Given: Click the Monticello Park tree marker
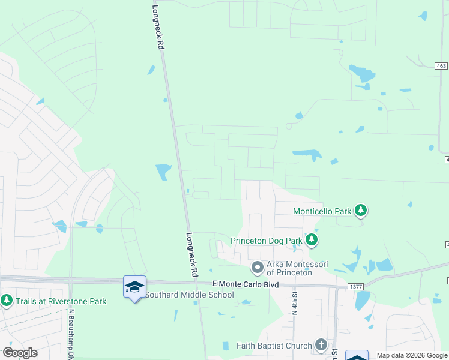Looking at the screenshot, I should point(361,210).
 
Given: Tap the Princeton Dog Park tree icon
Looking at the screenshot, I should point(311,240).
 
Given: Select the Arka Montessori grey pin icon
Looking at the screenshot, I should point(258,266).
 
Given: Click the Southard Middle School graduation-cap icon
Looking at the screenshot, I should point(134,286).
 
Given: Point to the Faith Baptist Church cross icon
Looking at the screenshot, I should point(321,345).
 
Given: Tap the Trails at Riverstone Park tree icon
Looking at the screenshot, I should point(7,299).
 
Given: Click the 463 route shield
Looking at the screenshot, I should point(442,65).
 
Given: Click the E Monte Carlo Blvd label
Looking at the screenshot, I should point(246,284).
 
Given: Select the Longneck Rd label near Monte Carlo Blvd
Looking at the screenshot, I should point(192,254).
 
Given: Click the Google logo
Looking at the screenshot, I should point(20,352).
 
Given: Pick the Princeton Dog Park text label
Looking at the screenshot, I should point(267,241).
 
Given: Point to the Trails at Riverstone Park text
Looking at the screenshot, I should point(60,301).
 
